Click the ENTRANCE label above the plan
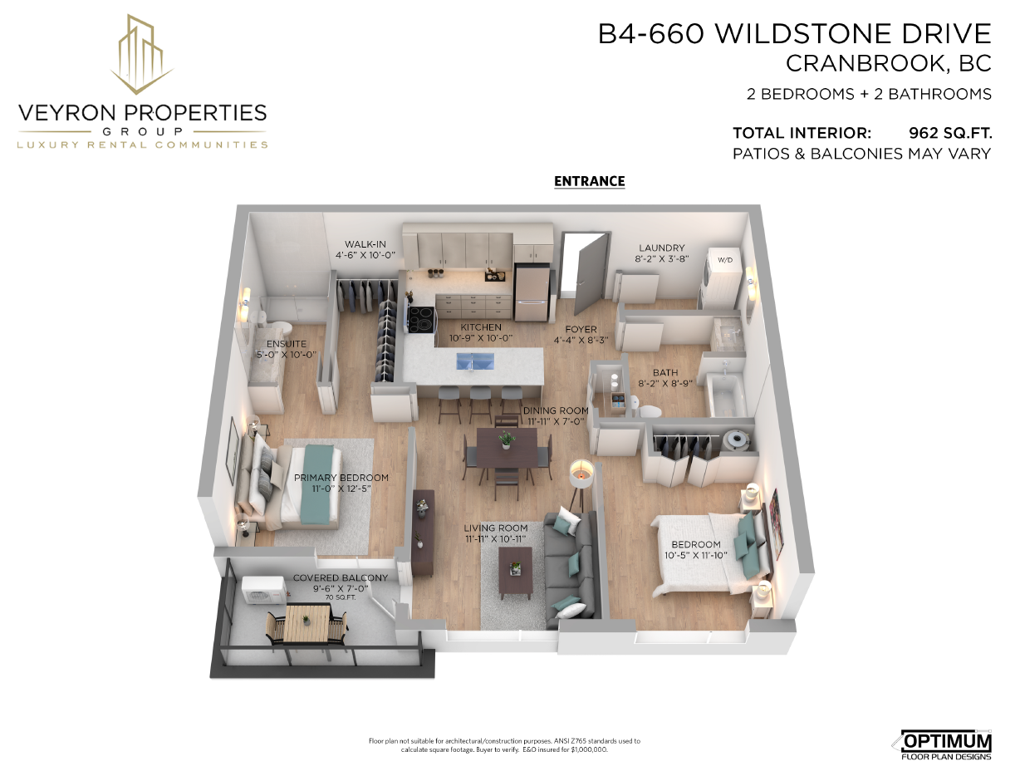coord(589,181)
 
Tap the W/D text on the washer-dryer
coord(725,260)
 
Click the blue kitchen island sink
coord(475,361)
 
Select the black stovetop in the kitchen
coord(421,318)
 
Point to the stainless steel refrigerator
coord(532,292)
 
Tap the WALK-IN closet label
coord(365,244)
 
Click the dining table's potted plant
coord(507,440)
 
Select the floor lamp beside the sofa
coord(580,486)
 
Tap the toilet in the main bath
coord(646,409)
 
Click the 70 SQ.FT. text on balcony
coord(341,597)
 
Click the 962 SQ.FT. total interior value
coord(950,133)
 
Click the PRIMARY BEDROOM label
coord(341,478)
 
